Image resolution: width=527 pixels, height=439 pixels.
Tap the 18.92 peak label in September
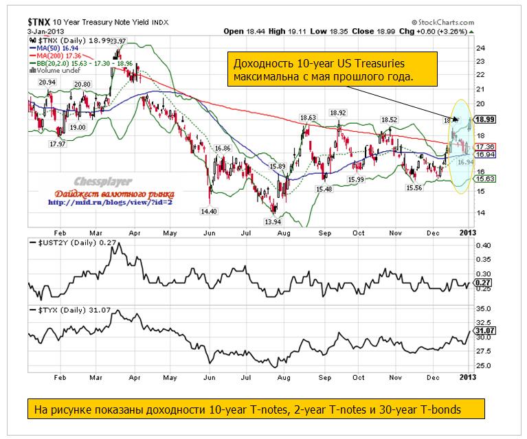(x=337, y=112)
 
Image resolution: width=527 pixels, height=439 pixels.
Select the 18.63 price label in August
(x=306, y=117)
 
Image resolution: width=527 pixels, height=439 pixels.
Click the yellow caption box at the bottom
(x=255, y=409)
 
